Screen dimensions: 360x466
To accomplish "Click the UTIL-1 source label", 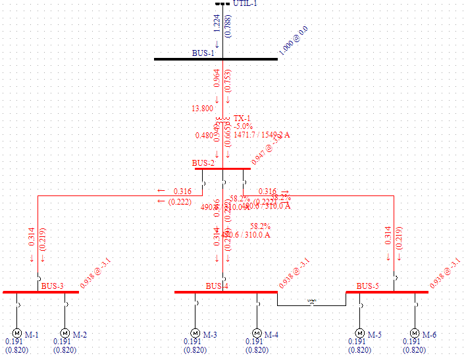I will coord(246,4).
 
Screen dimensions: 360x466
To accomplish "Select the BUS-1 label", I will coord(203,53).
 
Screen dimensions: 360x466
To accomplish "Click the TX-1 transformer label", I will coord(243,118).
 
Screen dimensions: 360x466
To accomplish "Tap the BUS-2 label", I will coord(203,163).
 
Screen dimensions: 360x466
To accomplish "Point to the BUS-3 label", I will coord(53,286).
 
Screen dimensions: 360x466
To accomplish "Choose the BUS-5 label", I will coord(368,286).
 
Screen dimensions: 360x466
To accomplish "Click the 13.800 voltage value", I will coord(202,109).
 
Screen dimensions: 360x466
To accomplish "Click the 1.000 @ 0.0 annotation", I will coord(294,41).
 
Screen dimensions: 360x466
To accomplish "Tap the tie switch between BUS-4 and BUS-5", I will coord(312,302).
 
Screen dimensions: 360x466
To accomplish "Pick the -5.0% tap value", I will coord(244,126).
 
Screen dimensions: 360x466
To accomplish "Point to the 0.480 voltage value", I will coord(205,136).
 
